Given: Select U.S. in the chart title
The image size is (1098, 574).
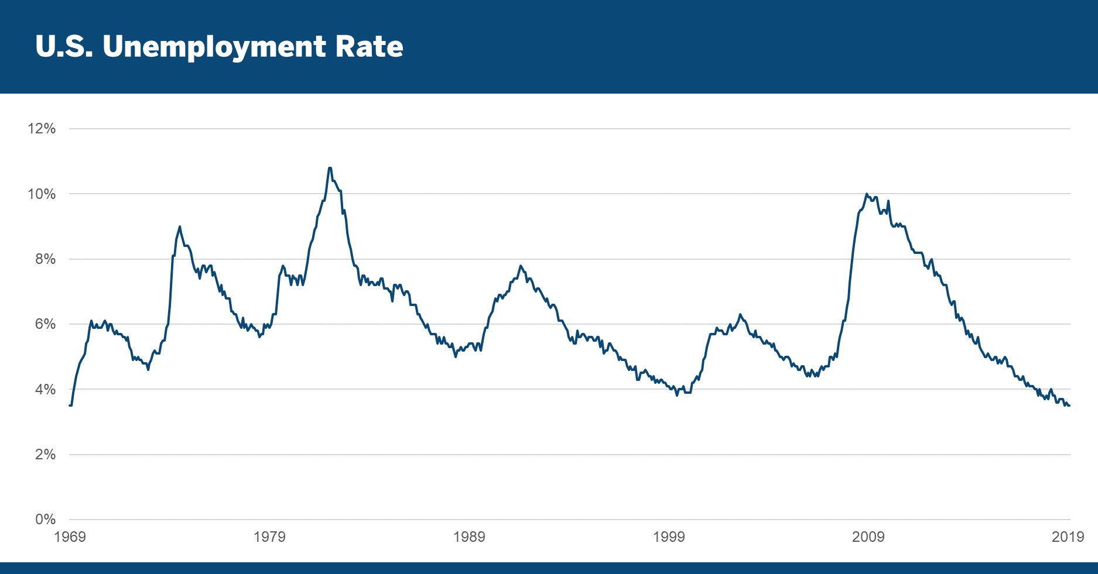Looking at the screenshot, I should point(64,46).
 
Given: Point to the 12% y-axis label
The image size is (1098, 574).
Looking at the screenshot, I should point(42,129).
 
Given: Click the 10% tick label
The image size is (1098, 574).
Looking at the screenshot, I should point(42,194).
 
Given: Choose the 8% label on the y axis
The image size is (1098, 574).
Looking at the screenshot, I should point(45,259).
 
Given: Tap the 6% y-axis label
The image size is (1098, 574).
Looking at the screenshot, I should point(45,324).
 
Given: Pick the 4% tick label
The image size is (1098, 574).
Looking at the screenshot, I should point(45,390).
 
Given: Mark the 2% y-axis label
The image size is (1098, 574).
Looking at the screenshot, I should point(45,455).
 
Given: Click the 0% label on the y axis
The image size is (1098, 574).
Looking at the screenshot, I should point(45,520).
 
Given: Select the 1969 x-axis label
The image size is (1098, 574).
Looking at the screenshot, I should point(70,537).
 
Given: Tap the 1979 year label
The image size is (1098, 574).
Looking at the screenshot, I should point(269,537).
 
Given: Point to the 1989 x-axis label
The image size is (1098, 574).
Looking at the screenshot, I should point(469,537).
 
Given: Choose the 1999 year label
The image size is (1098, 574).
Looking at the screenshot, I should point(669,537).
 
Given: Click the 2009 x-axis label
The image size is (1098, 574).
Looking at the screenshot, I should point(868,537).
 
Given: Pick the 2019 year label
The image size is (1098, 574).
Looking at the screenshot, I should point(1068,537).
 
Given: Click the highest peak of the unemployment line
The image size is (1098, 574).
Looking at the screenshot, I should point(330,169).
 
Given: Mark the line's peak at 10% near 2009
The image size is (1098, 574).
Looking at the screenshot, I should point(867,194).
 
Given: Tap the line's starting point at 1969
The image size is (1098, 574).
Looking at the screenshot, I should point(70,405).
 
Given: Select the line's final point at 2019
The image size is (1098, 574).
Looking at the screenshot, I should point(1069,405).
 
